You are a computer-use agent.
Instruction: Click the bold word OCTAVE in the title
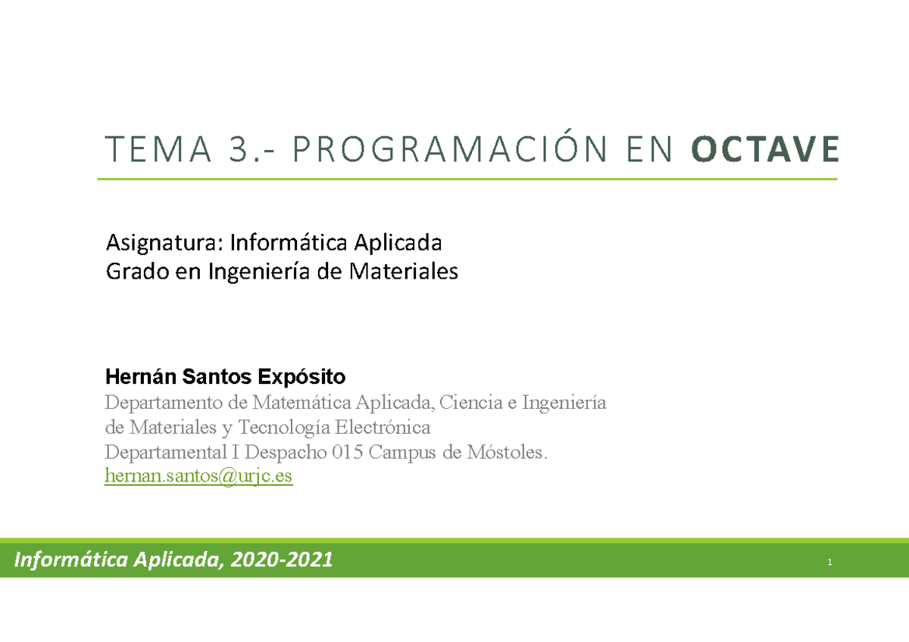[x=765, y=149]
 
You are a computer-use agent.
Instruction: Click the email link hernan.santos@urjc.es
[x=198, y=476]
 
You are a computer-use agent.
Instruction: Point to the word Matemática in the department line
[x=299, y=402]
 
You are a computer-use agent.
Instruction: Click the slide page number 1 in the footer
[x=830, y=562]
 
